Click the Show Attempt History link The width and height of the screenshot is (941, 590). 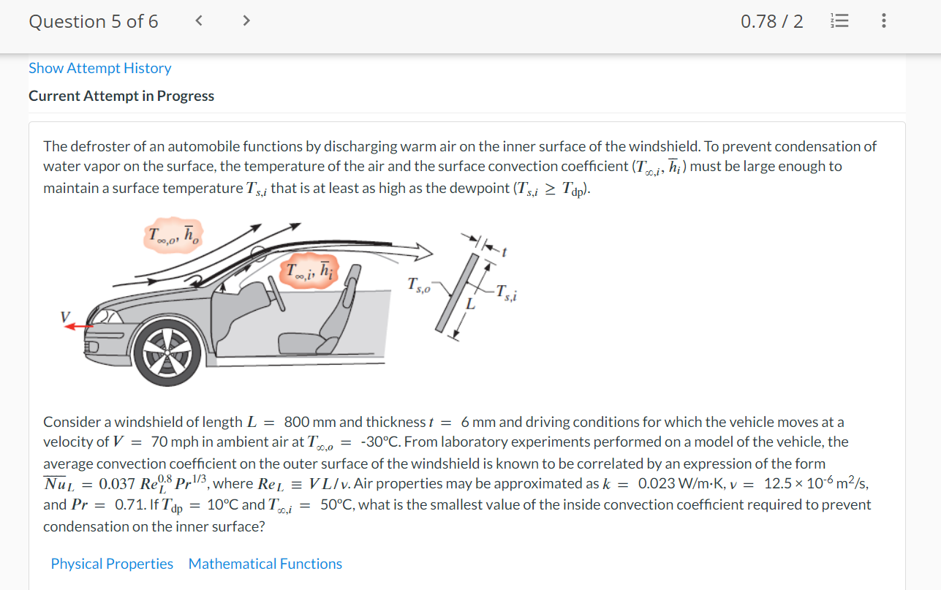click(99, 68)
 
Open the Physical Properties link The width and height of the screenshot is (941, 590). click(112, 564)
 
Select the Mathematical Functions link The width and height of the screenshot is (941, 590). click(265, 564)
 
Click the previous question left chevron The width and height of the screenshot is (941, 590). click(198, 21)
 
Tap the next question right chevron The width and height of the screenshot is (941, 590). click(246, 21)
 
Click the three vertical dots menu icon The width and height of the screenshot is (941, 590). click(884, 21)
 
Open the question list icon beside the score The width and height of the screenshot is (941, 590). click(839, 21)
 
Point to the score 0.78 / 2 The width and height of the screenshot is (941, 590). click(771, 21)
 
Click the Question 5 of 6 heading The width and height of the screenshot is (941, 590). click(93, 21)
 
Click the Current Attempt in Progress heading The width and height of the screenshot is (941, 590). click(121, 96)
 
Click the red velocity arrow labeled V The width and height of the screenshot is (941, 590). click(75, 327)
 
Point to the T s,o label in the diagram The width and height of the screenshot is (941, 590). click(418, 284)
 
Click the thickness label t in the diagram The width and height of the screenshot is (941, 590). click(504, 251)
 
